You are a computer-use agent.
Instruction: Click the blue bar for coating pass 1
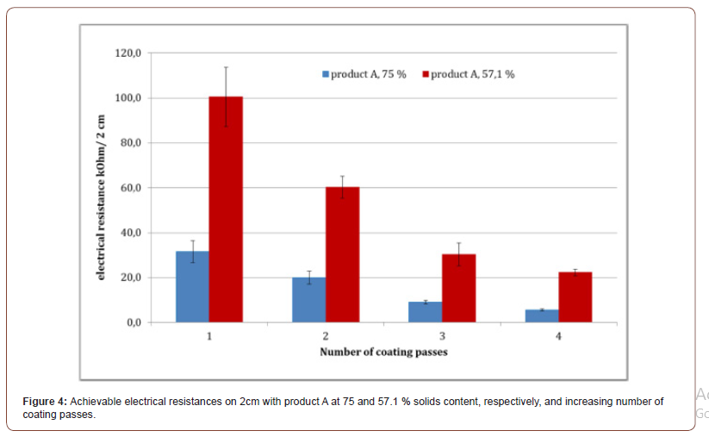tap(192, 287)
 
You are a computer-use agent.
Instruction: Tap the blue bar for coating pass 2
tap(308, 300)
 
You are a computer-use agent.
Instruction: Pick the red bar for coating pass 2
tap(342, 255)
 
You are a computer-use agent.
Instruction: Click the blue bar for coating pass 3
tap(425, 312)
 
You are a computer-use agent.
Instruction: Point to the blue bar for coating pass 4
tap(541, 315)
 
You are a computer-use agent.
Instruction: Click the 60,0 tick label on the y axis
tap(130, 188)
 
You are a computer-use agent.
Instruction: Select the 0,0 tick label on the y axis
tap(133, 322)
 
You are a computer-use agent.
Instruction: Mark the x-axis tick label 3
tap(442, 336)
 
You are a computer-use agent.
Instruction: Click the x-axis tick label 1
tap(209, 336)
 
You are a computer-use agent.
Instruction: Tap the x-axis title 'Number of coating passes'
tap(383, 352)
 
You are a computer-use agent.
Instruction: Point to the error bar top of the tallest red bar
tap(226, 67)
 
